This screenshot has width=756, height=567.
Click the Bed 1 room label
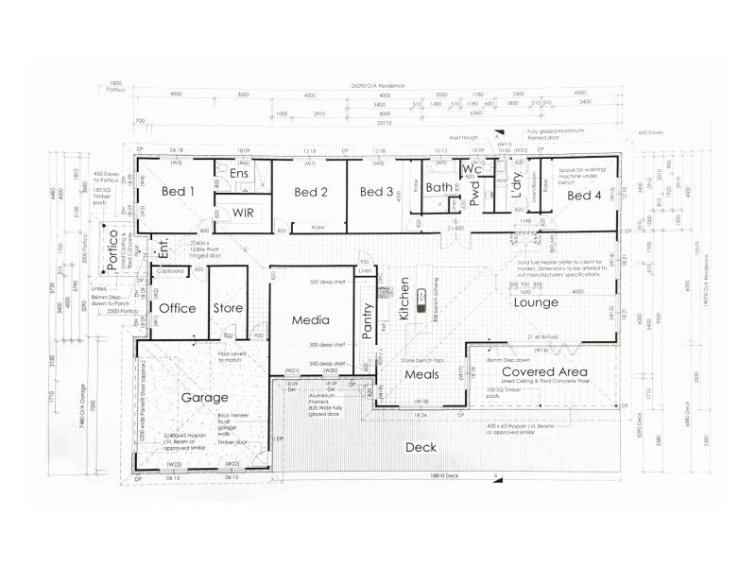click(x=178, y=192)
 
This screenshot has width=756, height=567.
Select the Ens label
click(x=240, y=175)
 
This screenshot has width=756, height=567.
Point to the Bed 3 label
click(x=375, y=193)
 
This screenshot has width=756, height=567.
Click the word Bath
click(x=439, y=187)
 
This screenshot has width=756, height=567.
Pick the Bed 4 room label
click(x=584, y=195)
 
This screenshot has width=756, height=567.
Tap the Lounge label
click(x=536, y=303)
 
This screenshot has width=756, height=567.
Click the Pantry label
click(x=369, y=320)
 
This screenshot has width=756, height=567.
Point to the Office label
click(x=177, y=309)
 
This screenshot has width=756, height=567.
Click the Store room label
click(x=228, y=309)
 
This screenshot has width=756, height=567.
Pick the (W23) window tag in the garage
click(x=174, y=464)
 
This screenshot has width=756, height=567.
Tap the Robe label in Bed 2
click(x=318, y=227)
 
